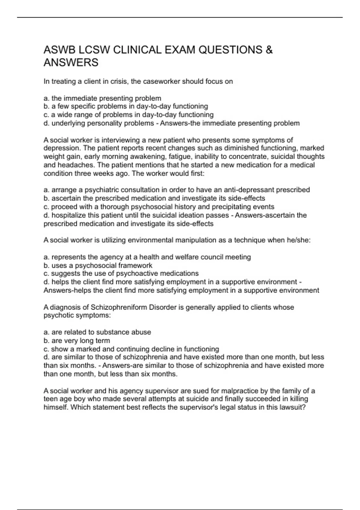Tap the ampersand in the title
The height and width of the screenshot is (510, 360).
[x=269, y=50]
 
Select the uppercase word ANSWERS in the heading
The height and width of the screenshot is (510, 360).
[x=71, y=63]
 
